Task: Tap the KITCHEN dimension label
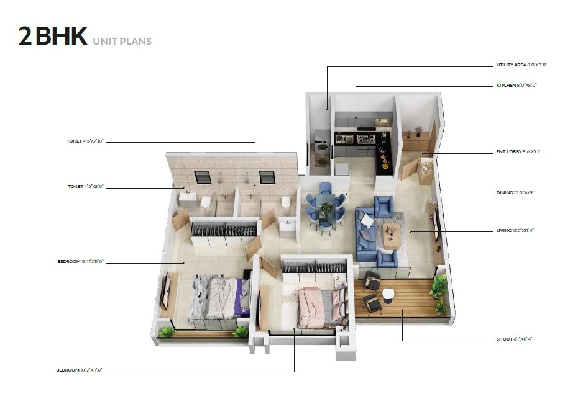[516, 84]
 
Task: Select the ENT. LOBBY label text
[518, 151]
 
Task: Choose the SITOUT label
[514, 339]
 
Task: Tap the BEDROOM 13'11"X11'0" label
[80, 262]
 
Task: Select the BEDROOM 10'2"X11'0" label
[79, 370]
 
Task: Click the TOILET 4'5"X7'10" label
[85, 141]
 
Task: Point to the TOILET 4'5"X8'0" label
[85, 186]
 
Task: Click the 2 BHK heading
[53, 37]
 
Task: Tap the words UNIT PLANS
[122, 42]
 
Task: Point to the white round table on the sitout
[388, 295]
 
